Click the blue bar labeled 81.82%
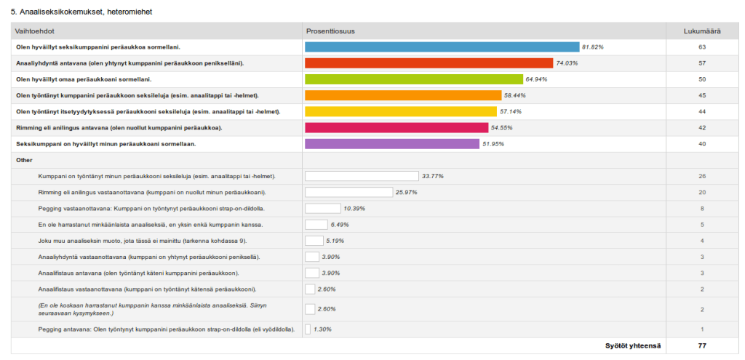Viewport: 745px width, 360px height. pos(442,47)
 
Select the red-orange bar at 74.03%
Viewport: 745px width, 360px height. pos(429,63)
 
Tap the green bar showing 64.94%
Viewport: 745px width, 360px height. pos(414,79)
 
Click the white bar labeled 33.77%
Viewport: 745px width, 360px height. pos(362,176)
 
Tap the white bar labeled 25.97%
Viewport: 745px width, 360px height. pos(348,192)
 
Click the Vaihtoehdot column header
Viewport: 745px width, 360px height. pos(36,31)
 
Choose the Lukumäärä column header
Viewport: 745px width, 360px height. pos(702,31)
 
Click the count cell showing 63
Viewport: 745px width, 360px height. pos(702,47)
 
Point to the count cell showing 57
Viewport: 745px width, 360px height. pos(702,63)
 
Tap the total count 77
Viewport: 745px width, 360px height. pos(702,345)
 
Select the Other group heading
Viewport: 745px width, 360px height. pos(24,160)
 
